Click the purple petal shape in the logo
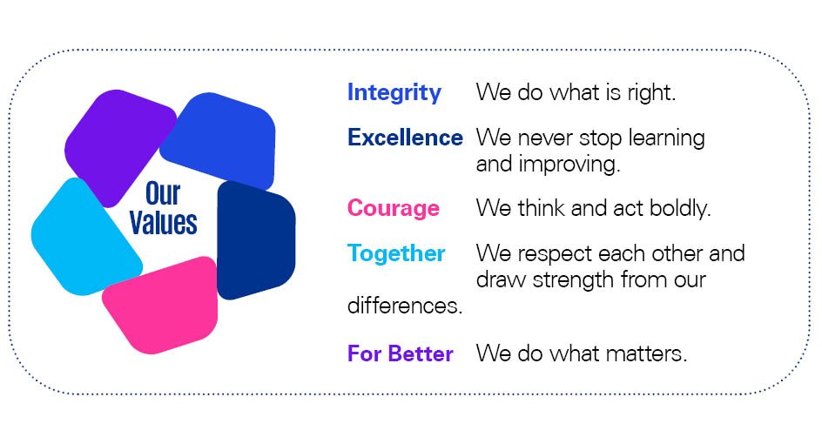pos(118,145)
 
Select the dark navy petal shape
pos(254,240)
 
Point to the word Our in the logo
pos(163,193)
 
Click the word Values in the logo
pos(163,222)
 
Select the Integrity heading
pos(394,93)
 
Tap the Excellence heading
pos(405,138)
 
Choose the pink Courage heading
pos(394,209)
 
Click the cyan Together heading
pos(396,254)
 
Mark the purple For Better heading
pos(400,353)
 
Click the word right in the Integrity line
pos(650,93)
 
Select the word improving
pos(569,165)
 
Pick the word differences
pos(405,305)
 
